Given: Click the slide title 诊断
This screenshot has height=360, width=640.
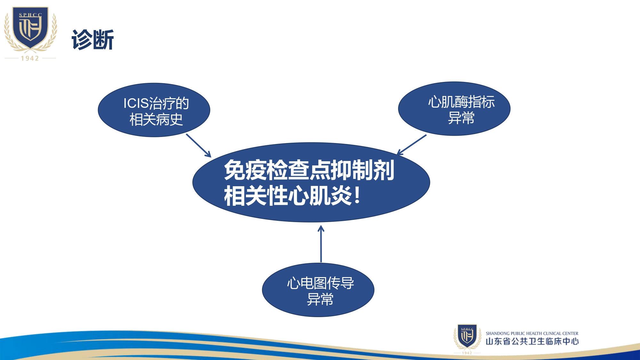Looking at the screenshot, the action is [x=93, y=40].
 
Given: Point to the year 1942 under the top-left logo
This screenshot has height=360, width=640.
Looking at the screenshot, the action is [x=30, y=58].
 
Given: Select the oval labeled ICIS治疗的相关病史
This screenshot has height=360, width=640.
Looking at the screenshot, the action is [x=154, y=110].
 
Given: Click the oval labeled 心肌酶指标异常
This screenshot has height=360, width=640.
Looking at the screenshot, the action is [x=454, y=109].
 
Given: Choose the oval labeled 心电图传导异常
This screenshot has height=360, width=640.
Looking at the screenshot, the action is [x=318, y=290].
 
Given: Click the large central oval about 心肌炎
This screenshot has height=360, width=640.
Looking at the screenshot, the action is [x=311, y=182].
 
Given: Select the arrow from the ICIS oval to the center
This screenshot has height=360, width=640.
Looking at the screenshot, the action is [x=199, y=146].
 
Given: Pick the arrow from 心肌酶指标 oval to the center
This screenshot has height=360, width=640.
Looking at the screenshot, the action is [x=412, y=145].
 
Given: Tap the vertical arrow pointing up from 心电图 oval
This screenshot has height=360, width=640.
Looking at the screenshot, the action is [x=321, y=244].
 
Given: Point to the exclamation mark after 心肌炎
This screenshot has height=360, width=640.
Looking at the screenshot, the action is [x=357, y=196].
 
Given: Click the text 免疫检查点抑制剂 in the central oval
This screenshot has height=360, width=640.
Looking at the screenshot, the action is [x=309, y=170].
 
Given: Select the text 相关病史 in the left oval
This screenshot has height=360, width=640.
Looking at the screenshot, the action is [x=156, y=120].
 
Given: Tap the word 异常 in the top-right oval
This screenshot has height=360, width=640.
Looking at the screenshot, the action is [x=461, y=118].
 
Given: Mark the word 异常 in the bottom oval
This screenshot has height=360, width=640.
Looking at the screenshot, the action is [x=320, y=300].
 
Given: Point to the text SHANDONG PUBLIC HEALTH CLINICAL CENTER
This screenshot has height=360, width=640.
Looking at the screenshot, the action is [x=532, y=333].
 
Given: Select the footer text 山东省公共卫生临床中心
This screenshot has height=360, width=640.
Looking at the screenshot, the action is [x=532, y=341].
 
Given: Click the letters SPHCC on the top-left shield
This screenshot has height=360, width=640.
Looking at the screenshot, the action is [x=30, y=15].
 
